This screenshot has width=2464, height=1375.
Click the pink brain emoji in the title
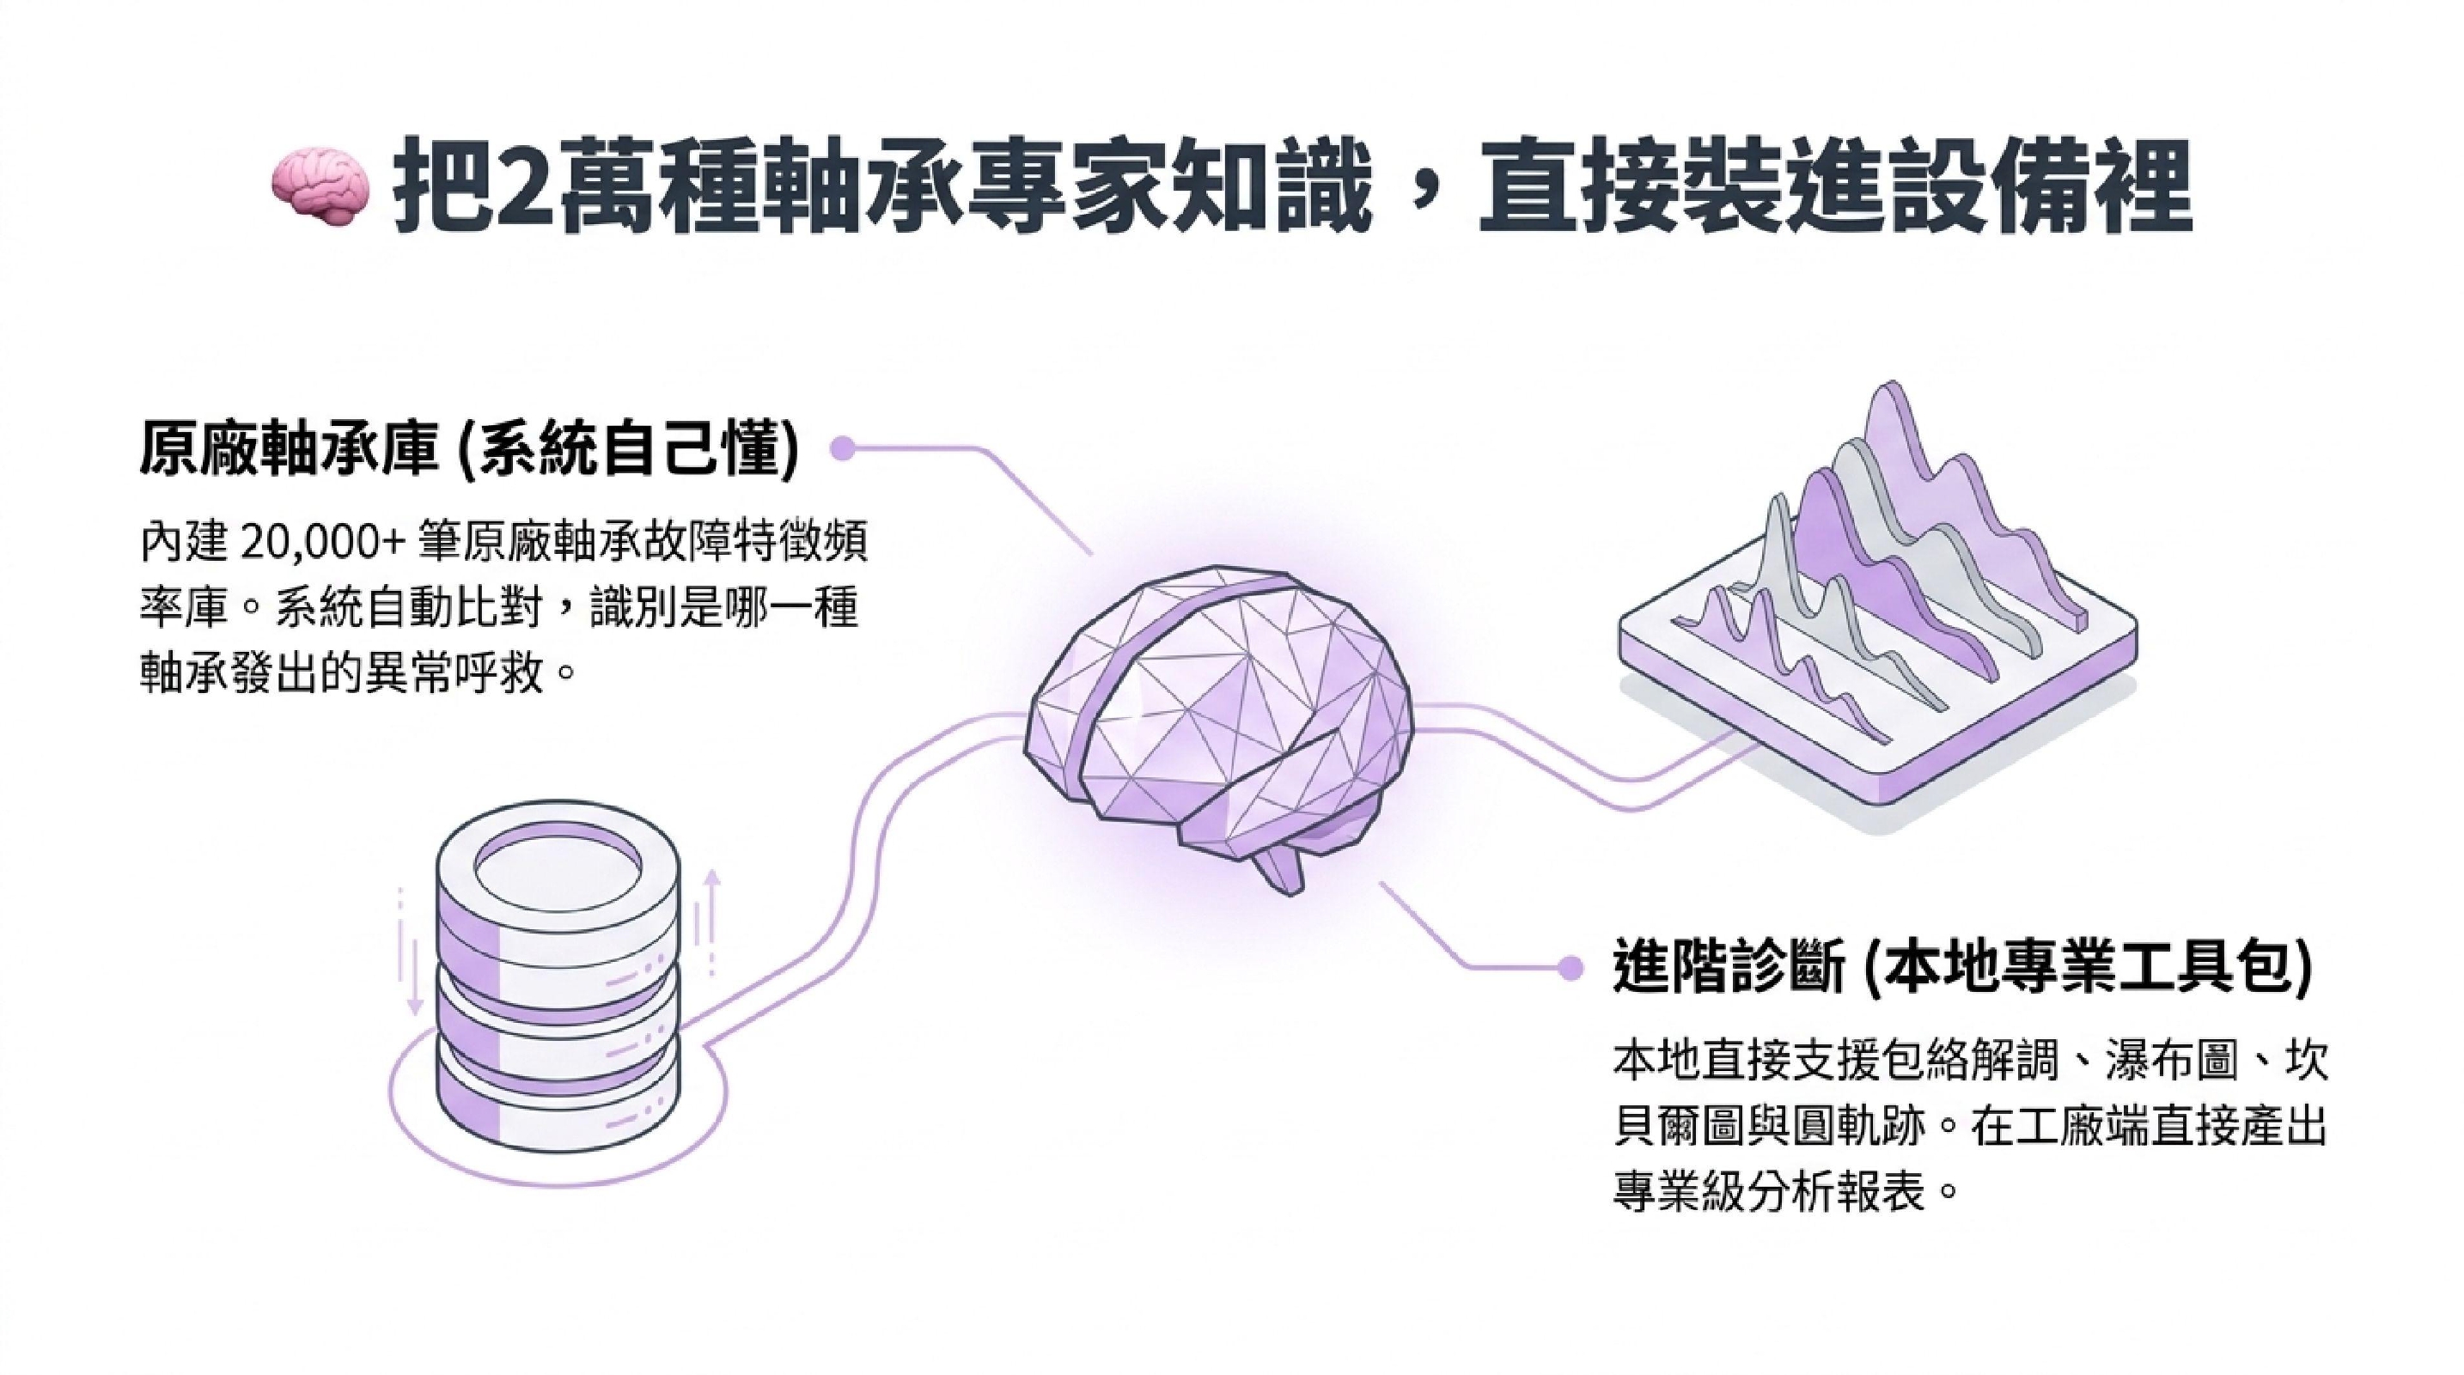click(320, 192)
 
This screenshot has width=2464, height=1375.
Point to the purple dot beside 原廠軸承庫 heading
click(842, 448)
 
